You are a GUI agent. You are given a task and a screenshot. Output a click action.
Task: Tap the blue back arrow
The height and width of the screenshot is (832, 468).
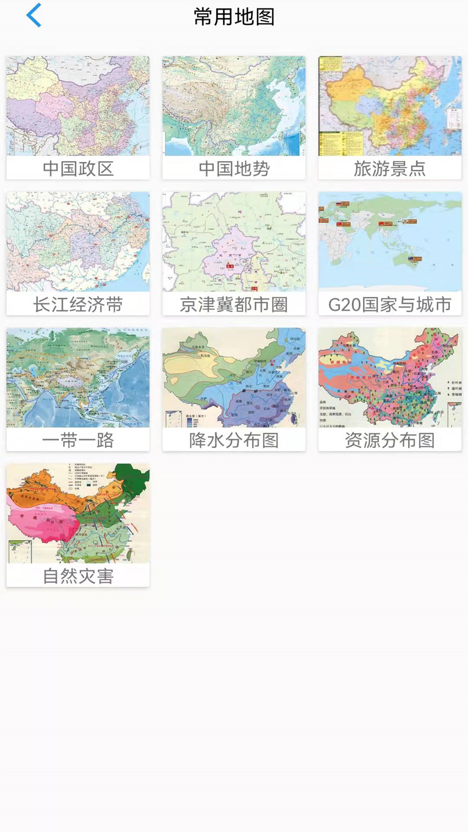(34, 16)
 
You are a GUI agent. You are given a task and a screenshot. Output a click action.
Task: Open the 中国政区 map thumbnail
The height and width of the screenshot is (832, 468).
(78, 106)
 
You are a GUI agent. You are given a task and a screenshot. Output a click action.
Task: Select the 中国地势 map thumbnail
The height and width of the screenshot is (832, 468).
(234, 106)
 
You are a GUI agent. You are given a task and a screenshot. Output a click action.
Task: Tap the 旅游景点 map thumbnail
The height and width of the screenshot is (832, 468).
(390, 106)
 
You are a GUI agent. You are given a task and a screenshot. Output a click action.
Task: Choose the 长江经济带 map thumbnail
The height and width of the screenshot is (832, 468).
(78, 242)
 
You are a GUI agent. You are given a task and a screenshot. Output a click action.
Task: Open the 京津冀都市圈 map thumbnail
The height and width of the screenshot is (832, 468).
(234, 242)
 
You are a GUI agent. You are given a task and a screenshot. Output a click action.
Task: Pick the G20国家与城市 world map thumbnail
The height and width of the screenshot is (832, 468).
(390, 242)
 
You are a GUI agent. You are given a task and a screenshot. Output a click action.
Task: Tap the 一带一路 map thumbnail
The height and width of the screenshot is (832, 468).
(78, 377)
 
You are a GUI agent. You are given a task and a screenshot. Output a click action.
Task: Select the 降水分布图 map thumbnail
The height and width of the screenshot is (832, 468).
(234, 377)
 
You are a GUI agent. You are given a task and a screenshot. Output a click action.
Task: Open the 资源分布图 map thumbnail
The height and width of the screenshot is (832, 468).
(390, 377)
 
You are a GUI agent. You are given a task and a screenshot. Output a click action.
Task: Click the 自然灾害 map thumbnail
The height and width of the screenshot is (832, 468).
(78, 513)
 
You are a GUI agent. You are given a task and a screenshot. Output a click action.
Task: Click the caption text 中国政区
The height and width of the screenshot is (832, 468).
(78, 169)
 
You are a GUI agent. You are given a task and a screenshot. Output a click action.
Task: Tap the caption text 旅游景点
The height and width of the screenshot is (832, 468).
(390, 169)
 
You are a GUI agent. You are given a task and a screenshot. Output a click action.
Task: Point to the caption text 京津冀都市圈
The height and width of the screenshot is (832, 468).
(234, 305)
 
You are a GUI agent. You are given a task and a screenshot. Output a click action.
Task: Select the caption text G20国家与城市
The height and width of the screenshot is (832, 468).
(390, 305)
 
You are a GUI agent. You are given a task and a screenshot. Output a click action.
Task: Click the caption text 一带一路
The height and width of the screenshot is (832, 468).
(78, 441)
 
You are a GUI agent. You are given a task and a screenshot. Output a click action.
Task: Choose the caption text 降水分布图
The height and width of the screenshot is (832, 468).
(234, 441)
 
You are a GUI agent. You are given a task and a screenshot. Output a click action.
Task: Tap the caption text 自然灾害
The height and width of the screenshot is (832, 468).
(78, 576)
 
